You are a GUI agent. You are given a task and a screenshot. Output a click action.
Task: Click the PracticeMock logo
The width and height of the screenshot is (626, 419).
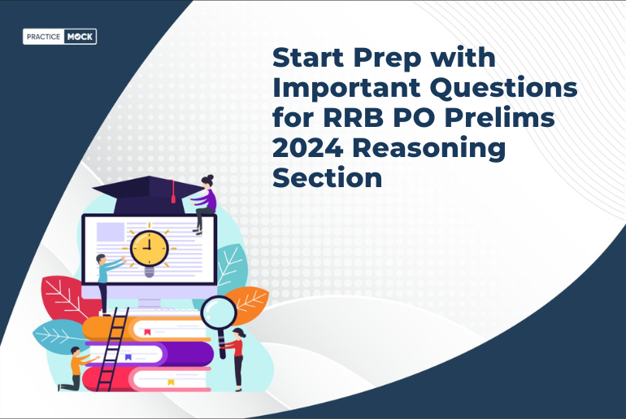(x=60, y=37)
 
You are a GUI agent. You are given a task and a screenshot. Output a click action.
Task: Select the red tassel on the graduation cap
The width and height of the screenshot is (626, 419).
(x=172, y=192)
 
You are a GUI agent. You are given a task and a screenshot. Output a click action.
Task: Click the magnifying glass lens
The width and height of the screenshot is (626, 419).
(x=218, y=312)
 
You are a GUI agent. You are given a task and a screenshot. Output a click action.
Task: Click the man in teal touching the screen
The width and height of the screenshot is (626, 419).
(x=103, y=278)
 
